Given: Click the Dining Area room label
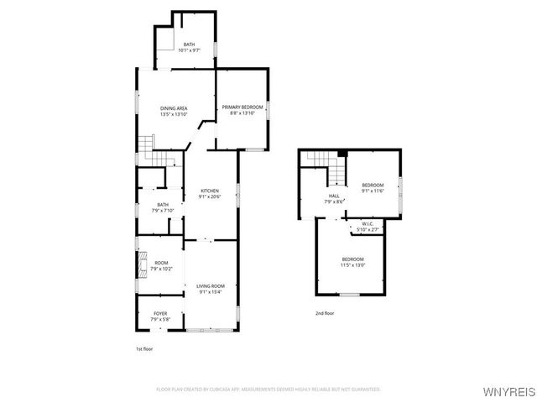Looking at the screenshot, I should pyautogui.click(x=174, y=107).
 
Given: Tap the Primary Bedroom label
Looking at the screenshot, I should pyautogui.click(x=242, y=107).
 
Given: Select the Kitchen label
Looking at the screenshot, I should pyautogui.click(x=209, y=191).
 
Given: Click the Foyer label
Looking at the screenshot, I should pyautogui.click(x=159, y=313).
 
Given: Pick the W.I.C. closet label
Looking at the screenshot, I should pyautogui.click(x=368, y=225).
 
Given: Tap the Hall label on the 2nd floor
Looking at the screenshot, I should pyautogui.click(x=334, y=196).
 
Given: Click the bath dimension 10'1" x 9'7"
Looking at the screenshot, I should pyautogui.click(x=189, y=50).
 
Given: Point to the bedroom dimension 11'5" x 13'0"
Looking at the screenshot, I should pyautogui.click(x=352, y=264).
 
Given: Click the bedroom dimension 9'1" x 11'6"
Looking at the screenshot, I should pyautogui.click(x=373, y=191).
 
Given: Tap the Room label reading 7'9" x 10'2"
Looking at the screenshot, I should pyautogui.click(x=161, y=269).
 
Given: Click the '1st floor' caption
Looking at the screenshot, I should pyautogui.click(x=145, y=348).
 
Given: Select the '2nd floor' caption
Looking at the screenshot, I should pyautogui.click(x=325, y=313).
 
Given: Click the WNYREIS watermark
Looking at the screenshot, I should pyautogui.click(x=507, y=391).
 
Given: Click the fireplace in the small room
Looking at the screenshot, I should pyautogui.click(x=143, y=265).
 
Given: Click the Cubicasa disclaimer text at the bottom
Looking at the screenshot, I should pyautogui.click(x=268, y=389).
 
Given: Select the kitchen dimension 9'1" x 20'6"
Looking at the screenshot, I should pyautogui.click(x=209, y=196).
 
